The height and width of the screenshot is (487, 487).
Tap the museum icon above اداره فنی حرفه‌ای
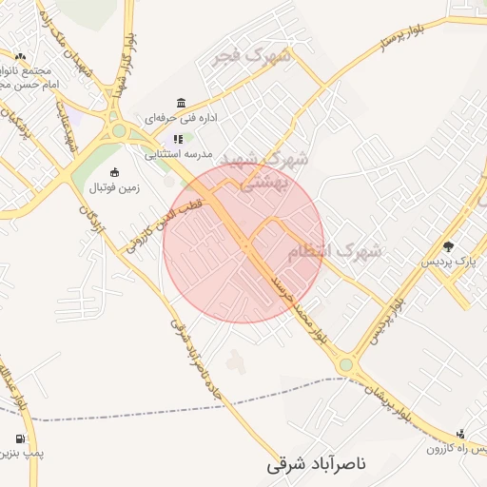coord(181,103)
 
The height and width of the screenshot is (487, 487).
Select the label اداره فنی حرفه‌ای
coord(182,119)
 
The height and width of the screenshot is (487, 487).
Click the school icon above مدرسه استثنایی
coord(178,139)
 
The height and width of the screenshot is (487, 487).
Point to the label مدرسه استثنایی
coord(179,152)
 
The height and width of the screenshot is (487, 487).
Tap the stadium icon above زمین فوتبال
coord(115,172)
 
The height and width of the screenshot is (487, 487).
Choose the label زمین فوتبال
coord(114,187)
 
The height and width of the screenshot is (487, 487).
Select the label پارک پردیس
coord(446,261)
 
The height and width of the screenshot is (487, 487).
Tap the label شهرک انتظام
coord(334,251)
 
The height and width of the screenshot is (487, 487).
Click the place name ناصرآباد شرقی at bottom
coord(315,466)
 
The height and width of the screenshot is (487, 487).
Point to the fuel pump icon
coord(20,439)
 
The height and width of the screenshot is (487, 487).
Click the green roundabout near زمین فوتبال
coord(118,131)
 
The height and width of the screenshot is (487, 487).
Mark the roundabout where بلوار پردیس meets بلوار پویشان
coord(345,364)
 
